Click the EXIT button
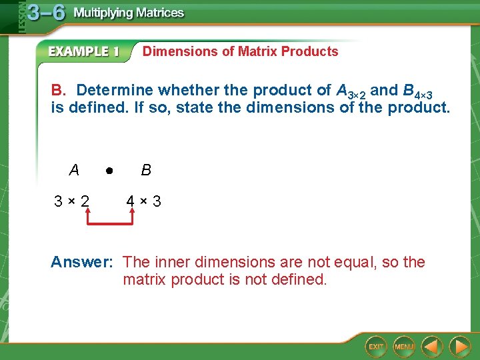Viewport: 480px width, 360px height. coord(376,346)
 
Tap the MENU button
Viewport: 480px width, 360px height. coord(404,346)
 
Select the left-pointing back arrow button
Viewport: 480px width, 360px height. coord(432,346)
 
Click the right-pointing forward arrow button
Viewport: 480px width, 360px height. coord(459,346)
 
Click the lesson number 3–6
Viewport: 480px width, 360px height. coord(46,14)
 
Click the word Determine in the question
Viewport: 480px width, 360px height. coord(111,90)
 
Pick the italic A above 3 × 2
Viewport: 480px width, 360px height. coord(73,170)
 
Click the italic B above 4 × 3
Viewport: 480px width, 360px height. coord(146,170)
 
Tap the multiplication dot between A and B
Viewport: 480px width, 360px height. coord(109,171)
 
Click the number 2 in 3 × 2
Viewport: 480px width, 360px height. coord(85,201)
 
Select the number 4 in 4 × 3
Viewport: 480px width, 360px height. coord(132,201)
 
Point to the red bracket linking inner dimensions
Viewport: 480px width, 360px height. coord(110,224)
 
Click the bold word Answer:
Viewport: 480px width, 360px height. coord(81,263)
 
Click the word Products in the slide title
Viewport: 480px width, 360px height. coord(310,51)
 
